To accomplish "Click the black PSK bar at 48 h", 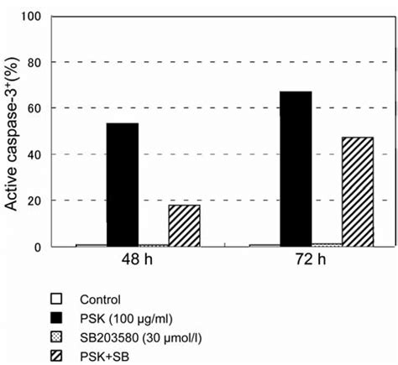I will tap(122, 185).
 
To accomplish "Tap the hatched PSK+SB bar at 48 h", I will tap(184, 225).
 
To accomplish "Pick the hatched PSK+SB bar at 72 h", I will tap(357, 191).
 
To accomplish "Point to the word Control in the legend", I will tap(100, 298).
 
